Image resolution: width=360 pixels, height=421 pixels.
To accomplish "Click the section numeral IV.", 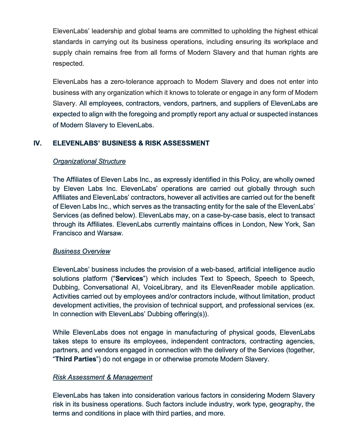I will click(37, 143).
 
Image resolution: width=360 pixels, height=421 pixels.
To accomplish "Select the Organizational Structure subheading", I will click(89, 161).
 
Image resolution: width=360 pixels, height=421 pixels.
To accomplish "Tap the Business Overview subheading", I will click(81, 251).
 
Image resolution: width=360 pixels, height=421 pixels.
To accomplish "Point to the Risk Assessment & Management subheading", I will click(102, 377).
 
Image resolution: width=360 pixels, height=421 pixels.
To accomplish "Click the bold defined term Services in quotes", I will click(129, 279).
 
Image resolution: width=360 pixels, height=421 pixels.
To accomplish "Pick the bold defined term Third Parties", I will click(76, 359).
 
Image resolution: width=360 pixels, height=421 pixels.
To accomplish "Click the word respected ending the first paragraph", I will click(68, 64).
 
